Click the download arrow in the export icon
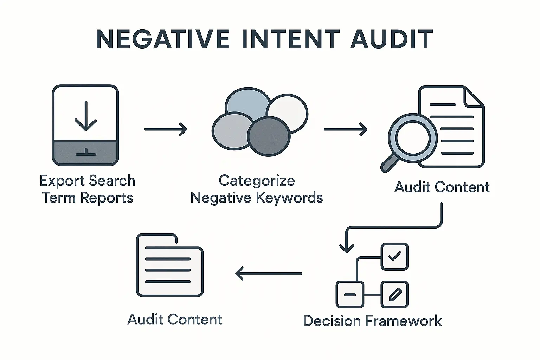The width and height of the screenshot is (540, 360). pos(85,116)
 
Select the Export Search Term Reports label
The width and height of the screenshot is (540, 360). pos(87,189)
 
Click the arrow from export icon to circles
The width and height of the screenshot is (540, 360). pos(166,129)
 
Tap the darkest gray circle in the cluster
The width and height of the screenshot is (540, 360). pos(269,136)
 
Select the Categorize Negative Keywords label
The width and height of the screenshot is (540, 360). pos(257,189)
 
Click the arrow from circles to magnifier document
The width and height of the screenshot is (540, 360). pos(345,129)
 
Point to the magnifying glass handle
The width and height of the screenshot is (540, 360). pos(390,163)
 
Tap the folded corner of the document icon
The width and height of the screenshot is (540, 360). pos(473,98)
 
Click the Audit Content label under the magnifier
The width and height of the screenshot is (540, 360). pos(442,187)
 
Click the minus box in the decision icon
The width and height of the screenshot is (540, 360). pos(349,294)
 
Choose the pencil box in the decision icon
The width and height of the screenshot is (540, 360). pos(394,294)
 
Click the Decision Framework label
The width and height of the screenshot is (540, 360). pos(372,321)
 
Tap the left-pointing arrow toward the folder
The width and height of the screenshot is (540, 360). pos(268,274)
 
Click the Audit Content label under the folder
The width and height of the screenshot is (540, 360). pos(175,320)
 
